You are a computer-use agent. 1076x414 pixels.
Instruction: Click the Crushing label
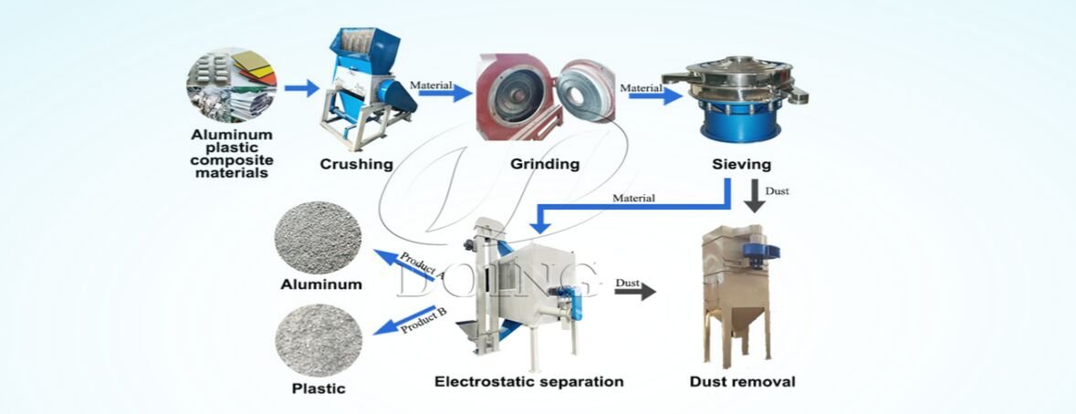tap(356, 165)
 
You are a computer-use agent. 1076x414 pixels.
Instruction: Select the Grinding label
tap(545, 165)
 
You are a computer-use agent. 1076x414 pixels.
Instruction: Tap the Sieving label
tap(741, 165)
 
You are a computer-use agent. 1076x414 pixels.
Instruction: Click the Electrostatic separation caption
tap(528, 381)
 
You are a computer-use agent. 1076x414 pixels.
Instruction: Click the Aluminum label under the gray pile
tap(320, 285)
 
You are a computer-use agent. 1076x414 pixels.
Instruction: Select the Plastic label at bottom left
tap(318, 388)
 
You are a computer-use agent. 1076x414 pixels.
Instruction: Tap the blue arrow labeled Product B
tap(409, 320)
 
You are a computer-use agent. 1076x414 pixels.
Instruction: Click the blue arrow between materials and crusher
tap(301, 88)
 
